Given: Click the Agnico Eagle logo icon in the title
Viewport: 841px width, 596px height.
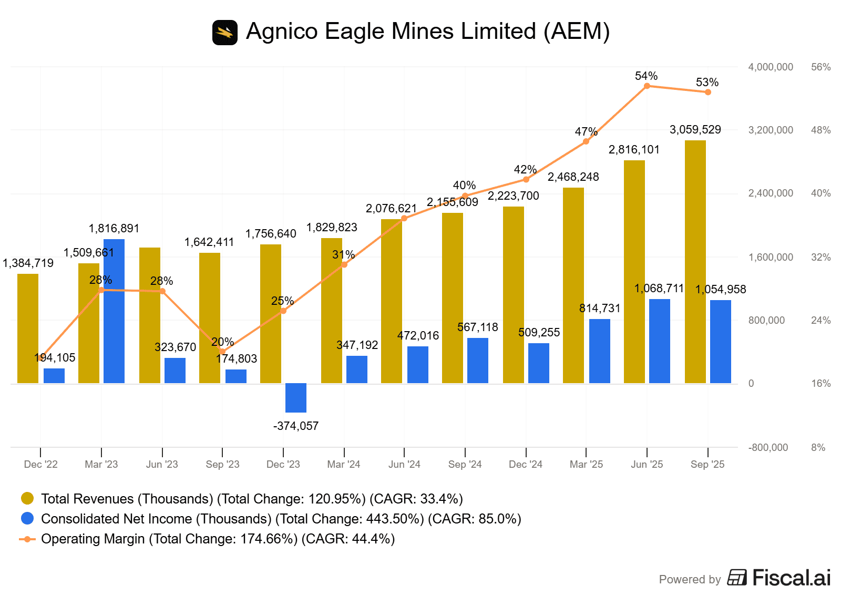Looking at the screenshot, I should pos(225,33).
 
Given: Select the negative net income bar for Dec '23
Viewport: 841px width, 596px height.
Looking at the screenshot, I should pos(296,397).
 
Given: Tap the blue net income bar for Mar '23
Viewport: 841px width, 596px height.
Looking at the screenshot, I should pos(114,311).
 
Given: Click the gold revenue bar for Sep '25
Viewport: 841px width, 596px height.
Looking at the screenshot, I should pos(695,262).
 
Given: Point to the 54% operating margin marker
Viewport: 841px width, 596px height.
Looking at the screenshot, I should pos(647,86).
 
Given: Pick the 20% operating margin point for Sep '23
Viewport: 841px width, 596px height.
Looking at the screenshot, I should pos(222,351).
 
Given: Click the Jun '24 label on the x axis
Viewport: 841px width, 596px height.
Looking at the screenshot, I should pos(404,464).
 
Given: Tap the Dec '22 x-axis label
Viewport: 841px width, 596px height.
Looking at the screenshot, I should pos(40,464).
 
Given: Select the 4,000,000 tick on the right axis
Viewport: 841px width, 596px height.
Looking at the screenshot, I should pos(771,67).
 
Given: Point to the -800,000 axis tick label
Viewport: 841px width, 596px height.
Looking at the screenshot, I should pos(768,447).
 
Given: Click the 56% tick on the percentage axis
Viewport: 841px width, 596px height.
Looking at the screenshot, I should pos(821,67).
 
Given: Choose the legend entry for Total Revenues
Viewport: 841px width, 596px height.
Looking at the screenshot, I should pos(252,498).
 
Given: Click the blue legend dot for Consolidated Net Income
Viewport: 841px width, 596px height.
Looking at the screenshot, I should pos(27,518).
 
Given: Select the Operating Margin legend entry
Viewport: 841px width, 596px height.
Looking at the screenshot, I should pos(218,539).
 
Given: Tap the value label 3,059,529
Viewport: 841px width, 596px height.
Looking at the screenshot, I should pos(695,129).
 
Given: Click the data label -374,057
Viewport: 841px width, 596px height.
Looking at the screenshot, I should pos(296,426).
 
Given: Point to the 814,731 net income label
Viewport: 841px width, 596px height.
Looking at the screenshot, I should pos(600,308).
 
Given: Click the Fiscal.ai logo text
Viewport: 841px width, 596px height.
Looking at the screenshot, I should pos(791,578).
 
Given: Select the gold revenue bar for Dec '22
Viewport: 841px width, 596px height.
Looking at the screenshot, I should pos(28,328).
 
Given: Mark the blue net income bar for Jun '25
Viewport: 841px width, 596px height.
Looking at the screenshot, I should pos(660,341).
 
